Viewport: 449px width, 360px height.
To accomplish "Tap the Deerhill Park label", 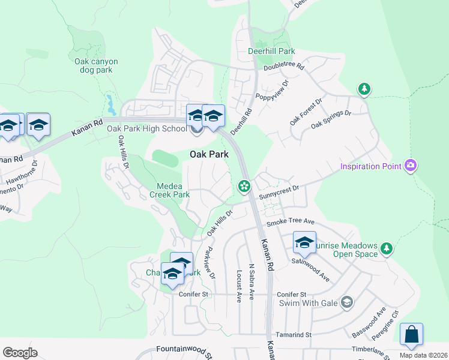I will click(271, 52).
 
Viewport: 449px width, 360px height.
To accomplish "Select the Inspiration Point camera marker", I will click(411, 165).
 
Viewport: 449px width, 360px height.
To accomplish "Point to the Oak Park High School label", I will click(147, 128).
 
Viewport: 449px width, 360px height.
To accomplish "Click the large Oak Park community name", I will click(209, 154).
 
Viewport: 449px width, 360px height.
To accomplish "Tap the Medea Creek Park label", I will click(173, 190).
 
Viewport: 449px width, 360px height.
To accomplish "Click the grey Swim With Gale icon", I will click(346, 302).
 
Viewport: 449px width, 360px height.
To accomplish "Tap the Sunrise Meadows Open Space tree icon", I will click(387, 247).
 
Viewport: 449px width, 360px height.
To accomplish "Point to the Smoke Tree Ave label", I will click(291, 222).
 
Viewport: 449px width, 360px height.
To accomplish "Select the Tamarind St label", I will click(294, 334).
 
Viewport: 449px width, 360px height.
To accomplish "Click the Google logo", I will click(20, 353).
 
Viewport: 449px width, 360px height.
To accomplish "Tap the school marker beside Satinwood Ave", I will click(304, 242).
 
